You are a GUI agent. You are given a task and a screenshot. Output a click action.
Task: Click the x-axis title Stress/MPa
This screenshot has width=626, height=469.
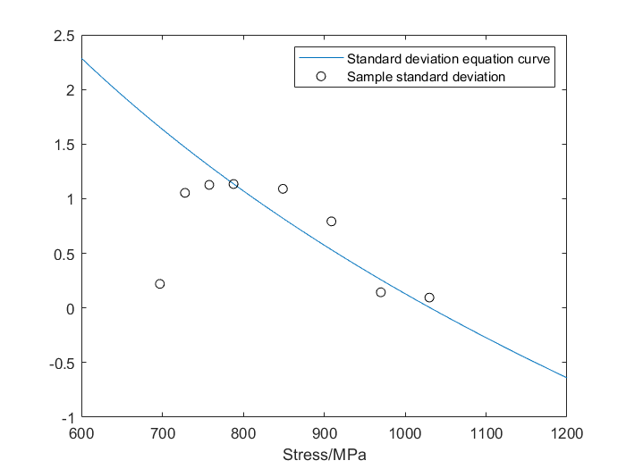[x=324, y=455]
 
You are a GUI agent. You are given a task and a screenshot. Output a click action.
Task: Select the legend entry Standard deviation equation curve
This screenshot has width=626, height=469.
[x=447, y=59]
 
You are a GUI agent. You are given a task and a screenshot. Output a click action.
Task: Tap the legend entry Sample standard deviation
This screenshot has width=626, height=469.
[x=427, y=77]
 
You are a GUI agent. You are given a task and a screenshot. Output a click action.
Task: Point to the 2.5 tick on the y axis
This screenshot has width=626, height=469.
[x=64, y=36]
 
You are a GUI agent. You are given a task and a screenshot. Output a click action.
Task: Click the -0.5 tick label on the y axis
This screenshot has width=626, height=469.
[x=61, y=363]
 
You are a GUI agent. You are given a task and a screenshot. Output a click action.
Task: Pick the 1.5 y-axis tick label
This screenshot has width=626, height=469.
[x=64, y=145]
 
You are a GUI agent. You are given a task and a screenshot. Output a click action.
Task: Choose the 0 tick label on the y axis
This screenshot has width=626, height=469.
[x=71, y=308]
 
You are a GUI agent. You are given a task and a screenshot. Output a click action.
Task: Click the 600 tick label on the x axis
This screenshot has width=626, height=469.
[x=81, y=434]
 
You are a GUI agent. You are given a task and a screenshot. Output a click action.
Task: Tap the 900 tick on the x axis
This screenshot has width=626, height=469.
[x=324, y=434]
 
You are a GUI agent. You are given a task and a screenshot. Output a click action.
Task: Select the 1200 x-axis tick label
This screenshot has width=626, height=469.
[x=566, y=434]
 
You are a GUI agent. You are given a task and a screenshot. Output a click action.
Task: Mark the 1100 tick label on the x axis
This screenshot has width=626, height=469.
[x=486, y=434]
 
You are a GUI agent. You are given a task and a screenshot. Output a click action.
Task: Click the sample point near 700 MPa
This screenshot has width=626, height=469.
[x=160, y=284]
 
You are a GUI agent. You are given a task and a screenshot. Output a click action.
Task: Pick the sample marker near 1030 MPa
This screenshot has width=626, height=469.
[x=429, y=297]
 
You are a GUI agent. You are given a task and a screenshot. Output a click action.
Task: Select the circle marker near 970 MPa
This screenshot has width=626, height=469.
[x=381, y=292]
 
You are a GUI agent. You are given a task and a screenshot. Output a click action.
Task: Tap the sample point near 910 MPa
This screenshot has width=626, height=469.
[x=332, y=222]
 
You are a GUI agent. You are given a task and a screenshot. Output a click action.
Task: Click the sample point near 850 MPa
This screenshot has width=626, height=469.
[x=283, y=188]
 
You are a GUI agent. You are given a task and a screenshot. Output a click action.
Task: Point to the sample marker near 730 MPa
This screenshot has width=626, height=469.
[x=185, y=193]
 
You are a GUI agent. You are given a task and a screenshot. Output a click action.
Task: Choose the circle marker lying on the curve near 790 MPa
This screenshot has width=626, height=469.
[x=233, y=184]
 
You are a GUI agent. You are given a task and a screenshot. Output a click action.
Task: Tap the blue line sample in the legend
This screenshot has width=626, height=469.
[x=322, y=59]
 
